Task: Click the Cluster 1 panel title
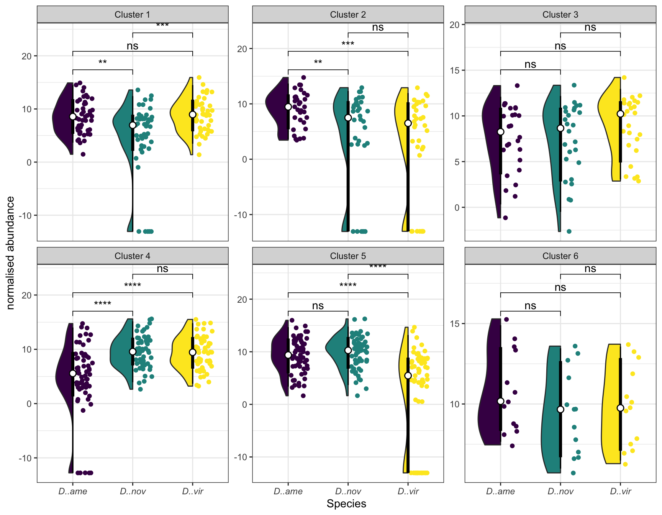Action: [132, 15]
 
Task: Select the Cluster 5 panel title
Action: [348, 256]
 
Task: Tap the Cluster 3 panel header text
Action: [560, 15]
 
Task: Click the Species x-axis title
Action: [346, 504]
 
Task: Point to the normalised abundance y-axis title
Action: [11, 253]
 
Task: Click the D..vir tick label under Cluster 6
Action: [620, 491]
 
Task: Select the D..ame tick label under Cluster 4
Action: [73, 491]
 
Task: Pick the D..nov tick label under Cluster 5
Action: [348, 491]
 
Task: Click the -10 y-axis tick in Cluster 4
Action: [26, 458]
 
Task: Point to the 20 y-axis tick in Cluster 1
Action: [26, 56]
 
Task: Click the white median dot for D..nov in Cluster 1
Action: [133, 125]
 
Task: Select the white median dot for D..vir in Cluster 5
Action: [408, 376]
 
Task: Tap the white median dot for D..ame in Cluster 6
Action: [501, 401]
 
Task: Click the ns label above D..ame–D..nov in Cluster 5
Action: [318, 306]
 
